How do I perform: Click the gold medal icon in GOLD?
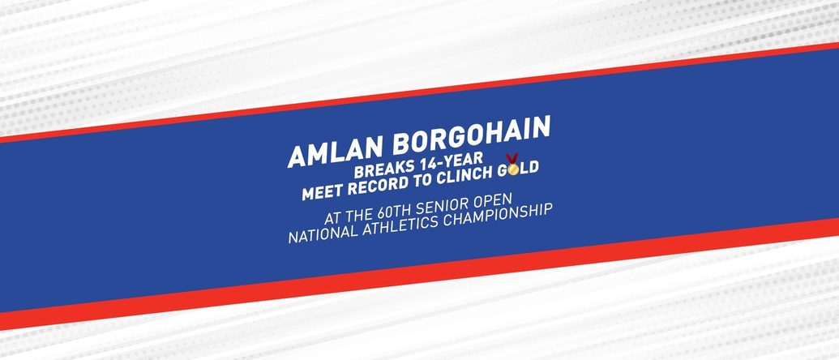point(512,165)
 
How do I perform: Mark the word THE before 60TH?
point(358,214)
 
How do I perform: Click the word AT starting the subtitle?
point(332,217)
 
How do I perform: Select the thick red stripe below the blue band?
point(420,272)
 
